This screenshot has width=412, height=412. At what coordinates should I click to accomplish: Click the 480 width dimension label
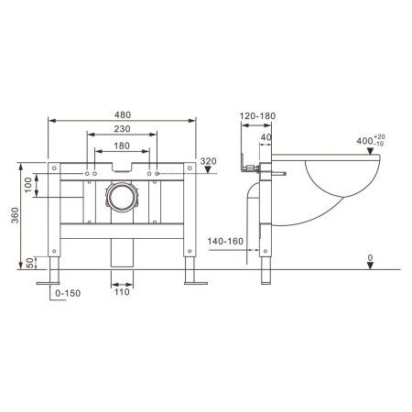coord(122,114)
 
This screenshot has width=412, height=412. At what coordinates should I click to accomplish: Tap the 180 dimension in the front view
coord(122,146)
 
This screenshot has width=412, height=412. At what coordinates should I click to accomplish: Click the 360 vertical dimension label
coord(14,217)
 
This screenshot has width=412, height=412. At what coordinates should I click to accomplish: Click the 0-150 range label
coord(69,292)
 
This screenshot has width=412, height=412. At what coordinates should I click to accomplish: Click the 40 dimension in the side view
coord(266,138)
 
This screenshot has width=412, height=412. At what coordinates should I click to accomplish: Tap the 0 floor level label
coord(370,259)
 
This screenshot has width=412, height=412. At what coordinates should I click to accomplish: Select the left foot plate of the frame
coord(49,284)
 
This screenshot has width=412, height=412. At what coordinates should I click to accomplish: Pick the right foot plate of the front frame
coord(195,284)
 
